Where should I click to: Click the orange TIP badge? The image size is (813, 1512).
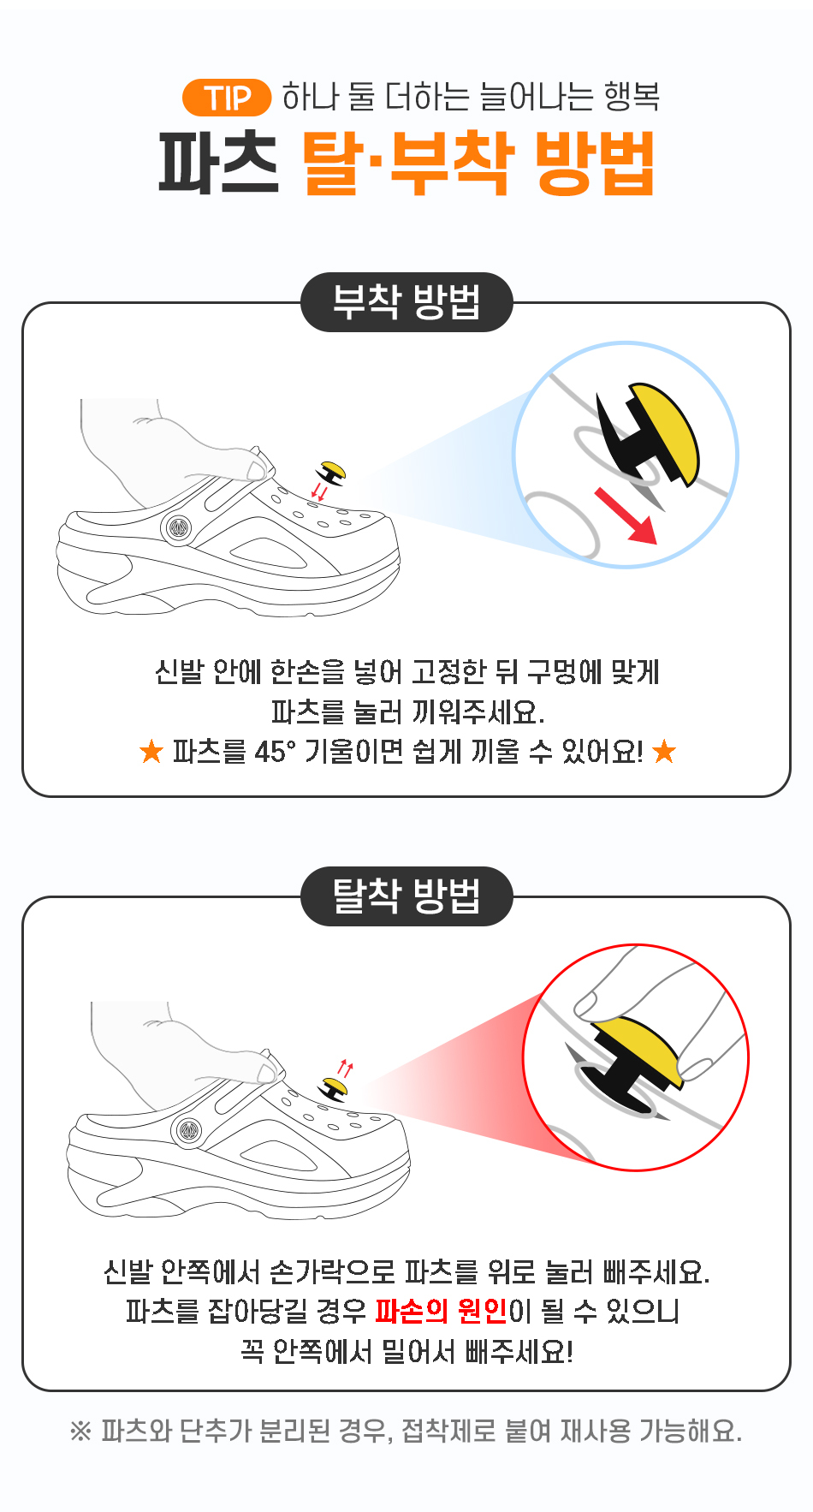tap(227, 98)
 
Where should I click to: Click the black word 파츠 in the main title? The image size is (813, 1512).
tap(219, 163)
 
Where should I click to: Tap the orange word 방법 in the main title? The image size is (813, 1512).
tap(595, 163)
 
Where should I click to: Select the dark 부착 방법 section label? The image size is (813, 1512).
tap(406, 301)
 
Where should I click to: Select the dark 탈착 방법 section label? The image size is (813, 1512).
tap(406, 896)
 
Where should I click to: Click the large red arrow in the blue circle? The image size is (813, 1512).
tap(626, 515)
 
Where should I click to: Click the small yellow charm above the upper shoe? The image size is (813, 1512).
tap(331, 473)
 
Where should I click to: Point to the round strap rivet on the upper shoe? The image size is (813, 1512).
tap(178, 529)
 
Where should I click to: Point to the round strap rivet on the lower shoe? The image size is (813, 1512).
tap(188, 1131)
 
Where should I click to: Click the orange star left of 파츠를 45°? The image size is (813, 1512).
tap(151, 752)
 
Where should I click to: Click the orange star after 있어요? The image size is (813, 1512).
tap(664, 752)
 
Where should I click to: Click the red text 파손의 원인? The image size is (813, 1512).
tap(442, 1311)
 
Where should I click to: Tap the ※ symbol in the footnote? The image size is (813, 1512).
tap(80, 1432)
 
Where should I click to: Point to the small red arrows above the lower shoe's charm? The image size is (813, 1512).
tap(345, 1069)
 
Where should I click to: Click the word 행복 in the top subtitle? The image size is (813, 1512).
tap(632, 97)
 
